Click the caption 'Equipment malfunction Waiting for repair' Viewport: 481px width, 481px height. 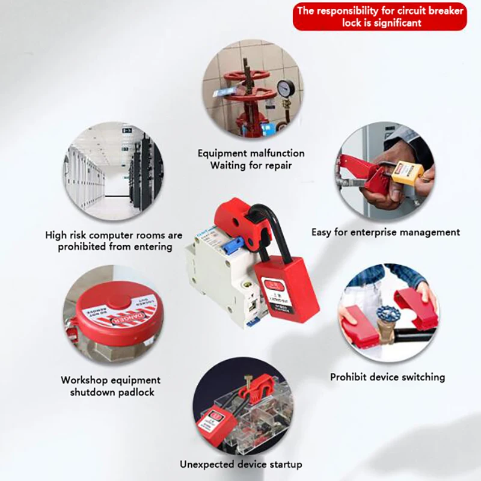pos(251,159)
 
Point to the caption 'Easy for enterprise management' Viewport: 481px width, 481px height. pos(385,231)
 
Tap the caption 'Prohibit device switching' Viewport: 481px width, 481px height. pos(387,377)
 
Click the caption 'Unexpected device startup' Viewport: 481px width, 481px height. pos(240,464)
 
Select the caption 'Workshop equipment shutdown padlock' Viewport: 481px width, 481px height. pos(111,386)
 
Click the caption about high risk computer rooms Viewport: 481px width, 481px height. pos(114,240)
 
